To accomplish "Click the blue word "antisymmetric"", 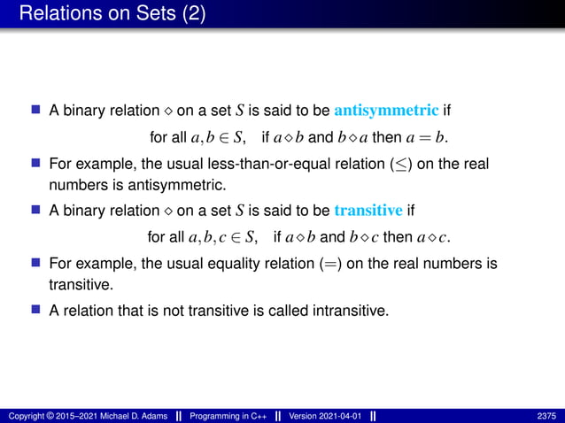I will pyautogui.click(x=386, y=111).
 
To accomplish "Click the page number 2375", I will pyautogui.click(x=546, y=415).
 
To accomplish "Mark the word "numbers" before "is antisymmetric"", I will pyautogui.click(x=75, y=186).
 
